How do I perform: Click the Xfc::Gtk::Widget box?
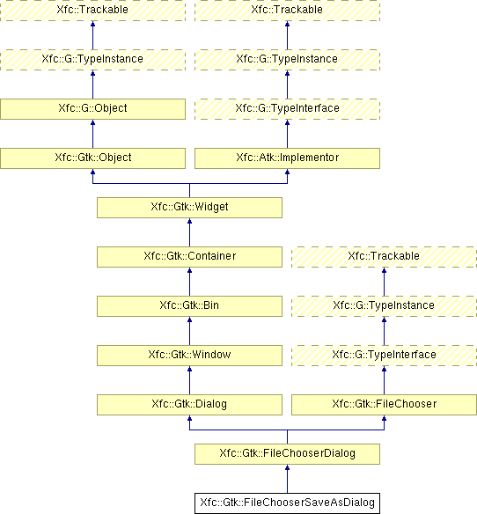[189, 208]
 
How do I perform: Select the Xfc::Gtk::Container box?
[189, 257]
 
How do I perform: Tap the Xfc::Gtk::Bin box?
[189, 306]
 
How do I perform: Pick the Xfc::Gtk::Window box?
[189, 356]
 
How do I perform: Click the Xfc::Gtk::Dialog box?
[189, 405]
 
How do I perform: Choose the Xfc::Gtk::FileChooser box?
[384, 405]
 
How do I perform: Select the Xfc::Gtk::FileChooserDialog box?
[287, 454]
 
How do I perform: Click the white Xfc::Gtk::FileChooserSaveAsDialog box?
[287, 503]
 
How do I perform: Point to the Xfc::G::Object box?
[92, 109]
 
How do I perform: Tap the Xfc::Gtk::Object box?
[92, 158]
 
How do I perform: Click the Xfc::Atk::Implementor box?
[287, 158]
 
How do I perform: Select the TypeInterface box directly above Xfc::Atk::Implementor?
[287, 109]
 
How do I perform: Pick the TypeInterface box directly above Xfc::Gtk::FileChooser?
[384, 356]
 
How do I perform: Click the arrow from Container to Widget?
[189, 232]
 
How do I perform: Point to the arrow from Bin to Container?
[189, 282]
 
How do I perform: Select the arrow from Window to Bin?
[189, 331]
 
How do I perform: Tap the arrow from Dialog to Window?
[189, 380]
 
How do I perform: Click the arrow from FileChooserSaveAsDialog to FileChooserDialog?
[287, 479]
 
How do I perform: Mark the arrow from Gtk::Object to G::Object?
[92, 134]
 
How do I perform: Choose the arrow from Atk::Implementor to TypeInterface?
[287, 134]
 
